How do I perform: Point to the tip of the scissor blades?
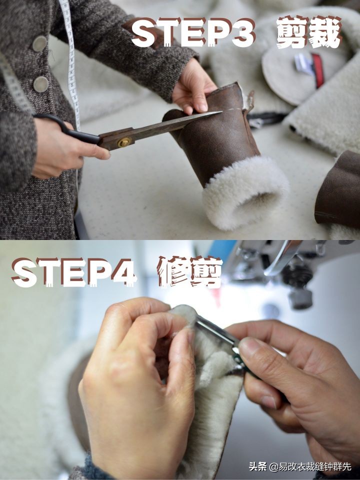click(x=220, y=113)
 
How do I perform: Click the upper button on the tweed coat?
click(x=39, y=44)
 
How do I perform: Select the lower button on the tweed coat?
click(x=40, y=83)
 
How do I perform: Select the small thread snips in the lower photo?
click(x=225, y=340)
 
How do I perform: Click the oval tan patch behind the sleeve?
click(x=280, y=75)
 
